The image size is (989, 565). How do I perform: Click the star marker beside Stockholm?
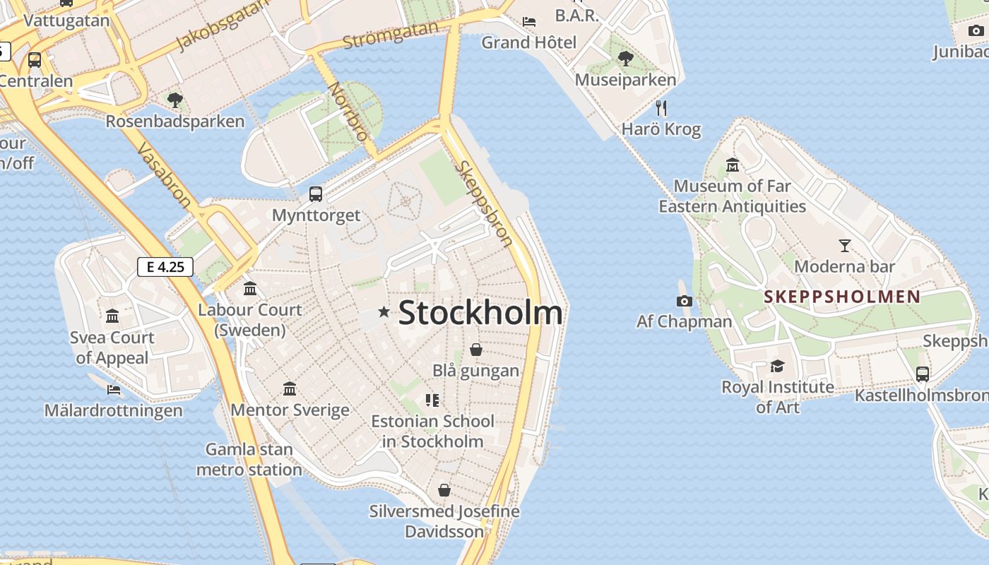(x=384, y=311)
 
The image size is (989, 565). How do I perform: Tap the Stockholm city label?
(x=480, y=313)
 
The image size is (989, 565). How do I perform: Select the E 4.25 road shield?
(x=165, y=267)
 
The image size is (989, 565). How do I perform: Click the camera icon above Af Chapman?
(x=684, y=302)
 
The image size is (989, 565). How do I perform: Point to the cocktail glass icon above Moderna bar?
(x=844, y=246)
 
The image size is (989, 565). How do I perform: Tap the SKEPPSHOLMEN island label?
(x=842, y=297)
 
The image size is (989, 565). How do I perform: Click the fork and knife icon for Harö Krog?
(x=661, y=108)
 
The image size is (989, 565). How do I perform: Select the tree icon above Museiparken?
(x=625, y=59)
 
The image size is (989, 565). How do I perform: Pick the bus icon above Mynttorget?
(x=316, y=194)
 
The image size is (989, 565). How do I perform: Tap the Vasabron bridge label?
(x=164, y=176)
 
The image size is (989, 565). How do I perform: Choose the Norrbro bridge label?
(x=348, y=112)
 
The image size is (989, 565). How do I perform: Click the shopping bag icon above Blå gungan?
(x=476, y=350)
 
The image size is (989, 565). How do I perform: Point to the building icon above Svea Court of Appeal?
(x=112, y=316)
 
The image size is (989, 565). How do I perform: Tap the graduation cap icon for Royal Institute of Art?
(x=777, y=366)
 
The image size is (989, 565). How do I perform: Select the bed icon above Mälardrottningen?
(x=113, y=389)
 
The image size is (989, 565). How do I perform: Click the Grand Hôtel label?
(x=528, y=42)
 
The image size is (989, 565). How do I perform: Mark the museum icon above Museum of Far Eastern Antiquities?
(x=733, y=165)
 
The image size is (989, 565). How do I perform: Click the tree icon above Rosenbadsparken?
(x=175, y=100)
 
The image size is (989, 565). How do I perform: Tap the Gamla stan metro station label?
(x=249, y=460)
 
